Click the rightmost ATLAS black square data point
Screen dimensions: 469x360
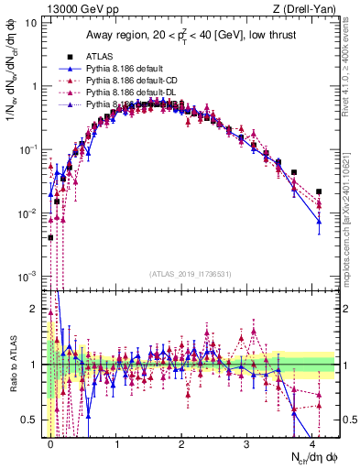[319, 191]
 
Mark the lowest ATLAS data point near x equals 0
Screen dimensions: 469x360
[50, 237]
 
